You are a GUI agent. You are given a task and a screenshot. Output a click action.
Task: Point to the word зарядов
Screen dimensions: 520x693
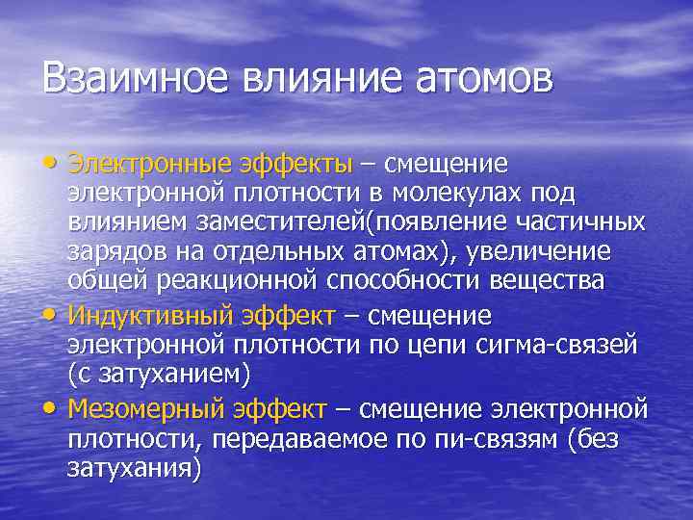[108, 251]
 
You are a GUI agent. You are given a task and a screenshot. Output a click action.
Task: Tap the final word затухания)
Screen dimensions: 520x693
[135, 470]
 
